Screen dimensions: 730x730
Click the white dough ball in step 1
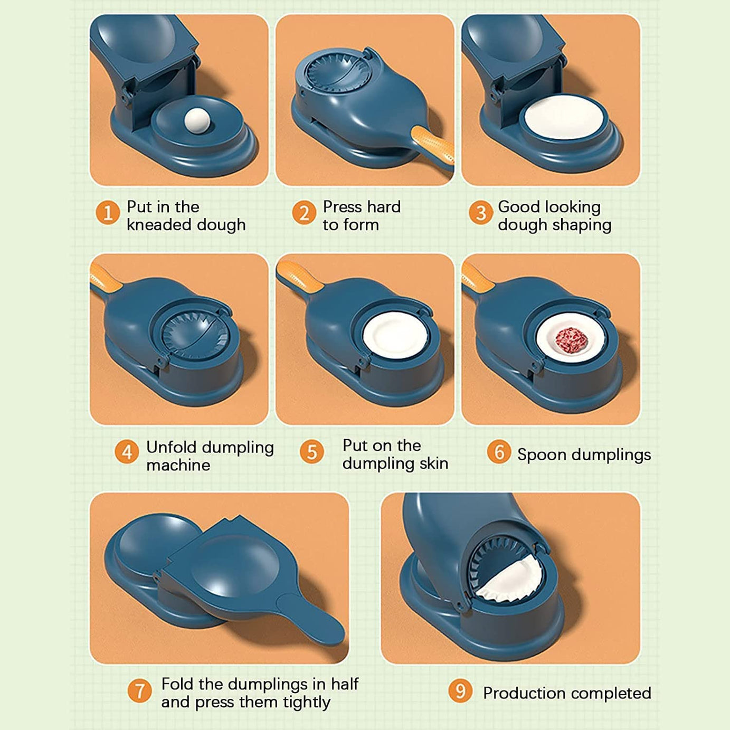pos(197,120)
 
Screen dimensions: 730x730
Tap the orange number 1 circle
pos(108,213)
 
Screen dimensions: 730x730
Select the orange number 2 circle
pos(304,213)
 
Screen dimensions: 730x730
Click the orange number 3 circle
pos(480,213)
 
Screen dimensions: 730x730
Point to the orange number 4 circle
pos(127,452)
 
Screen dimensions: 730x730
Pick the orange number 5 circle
pos(312,452)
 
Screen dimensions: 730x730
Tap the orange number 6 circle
pos(499,452)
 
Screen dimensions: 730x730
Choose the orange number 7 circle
pos(140,691)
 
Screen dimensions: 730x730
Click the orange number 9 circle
pos(460,691)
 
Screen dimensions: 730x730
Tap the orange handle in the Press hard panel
pos(434,145)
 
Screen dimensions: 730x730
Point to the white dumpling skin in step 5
pos(393,335)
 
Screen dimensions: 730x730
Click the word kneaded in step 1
pos(160,225)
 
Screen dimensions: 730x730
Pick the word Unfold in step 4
pos(170,447)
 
